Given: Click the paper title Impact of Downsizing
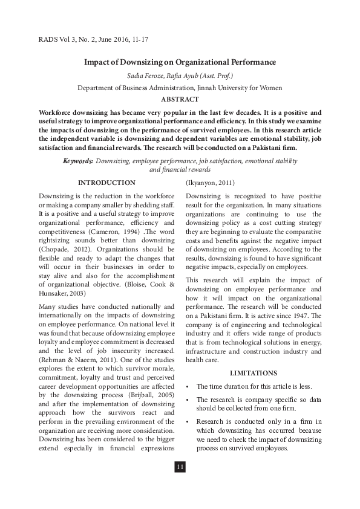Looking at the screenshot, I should click(x=180, y=62).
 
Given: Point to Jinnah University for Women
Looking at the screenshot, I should click(x=240, y=88).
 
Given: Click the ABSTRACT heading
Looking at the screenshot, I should click(x=180, y=99).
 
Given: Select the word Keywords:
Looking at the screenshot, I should click(x=78, y=161).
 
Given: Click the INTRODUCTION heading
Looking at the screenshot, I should click(x=107, y=183).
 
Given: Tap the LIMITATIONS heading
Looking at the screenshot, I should click(x=254, y=373).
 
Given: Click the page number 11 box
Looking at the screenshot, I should click(x=180, y=467).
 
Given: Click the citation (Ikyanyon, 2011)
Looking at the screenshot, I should click(x=210, y=183).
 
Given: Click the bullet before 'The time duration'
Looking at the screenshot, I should click(x=189, y=386).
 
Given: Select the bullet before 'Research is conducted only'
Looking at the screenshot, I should click(x=189, y=421).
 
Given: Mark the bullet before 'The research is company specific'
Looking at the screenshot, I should click(x=189, y=400).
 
